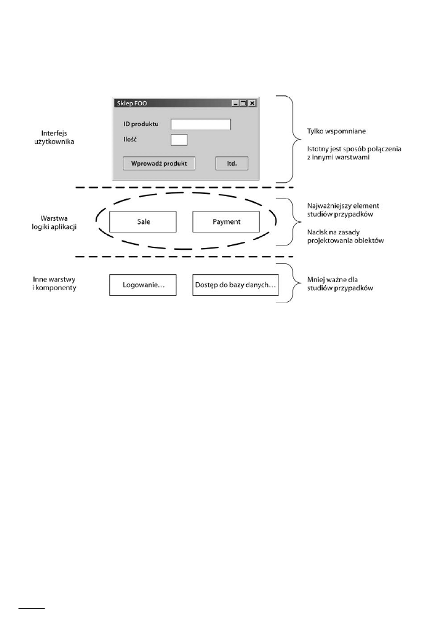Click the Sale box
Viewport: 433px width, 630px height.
[143, 221]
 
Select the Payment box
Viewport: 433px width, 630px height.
[226, 221]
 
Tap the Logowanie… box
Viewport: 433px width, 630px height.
[143, 285]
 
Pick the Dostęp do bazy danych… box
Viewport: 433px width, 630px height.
[235, 285]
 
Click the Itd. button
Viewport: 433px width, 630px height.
[232, 163]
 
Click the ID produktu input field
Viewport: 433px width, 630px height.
[200, 124]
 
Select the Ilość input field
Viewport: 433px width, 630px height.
[179, 140]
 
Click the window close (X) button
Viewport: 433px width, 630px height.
[252, 103]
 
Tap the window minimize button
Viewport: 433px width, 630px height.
[235, 103]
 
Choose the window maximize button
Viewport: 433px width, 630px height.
[243, 103]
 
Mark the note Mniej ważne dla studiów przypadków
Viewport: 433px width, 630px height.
[340, 284]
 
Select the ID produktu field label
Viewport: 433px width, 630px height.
[141, 124]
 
